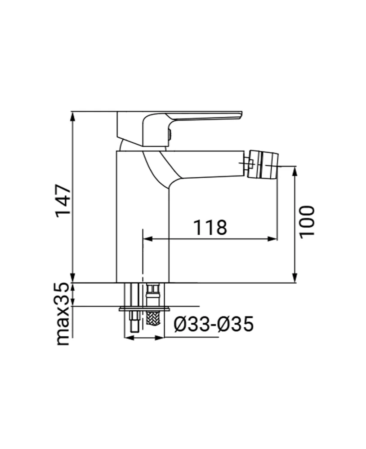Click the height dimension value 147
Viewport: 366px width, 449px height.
pyautogui.click(x=63, y=200)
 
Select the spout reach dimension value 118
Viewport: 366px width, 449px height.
pyautogui.click(x=210, y=228)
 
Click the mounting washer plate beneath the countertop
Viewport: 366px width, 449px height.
pyautogui.click(x=145, y=309)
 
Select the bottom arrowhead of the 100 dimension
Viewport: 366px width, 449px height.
pyautogui.click(x=295, y=278)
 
